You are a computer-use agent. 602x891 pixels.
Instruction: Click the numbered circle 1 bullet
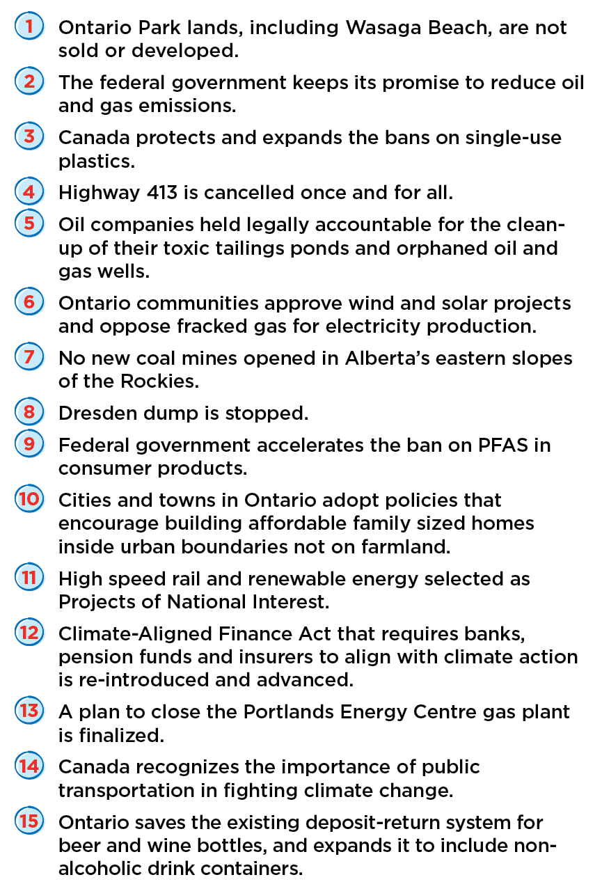click(x=29, y=27)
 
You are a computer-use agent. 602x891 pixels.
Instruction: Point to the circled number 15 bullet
click(x=29, y=821)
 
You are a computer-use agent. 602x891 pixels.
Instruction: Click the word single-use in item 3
click(x=508, y=137)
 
